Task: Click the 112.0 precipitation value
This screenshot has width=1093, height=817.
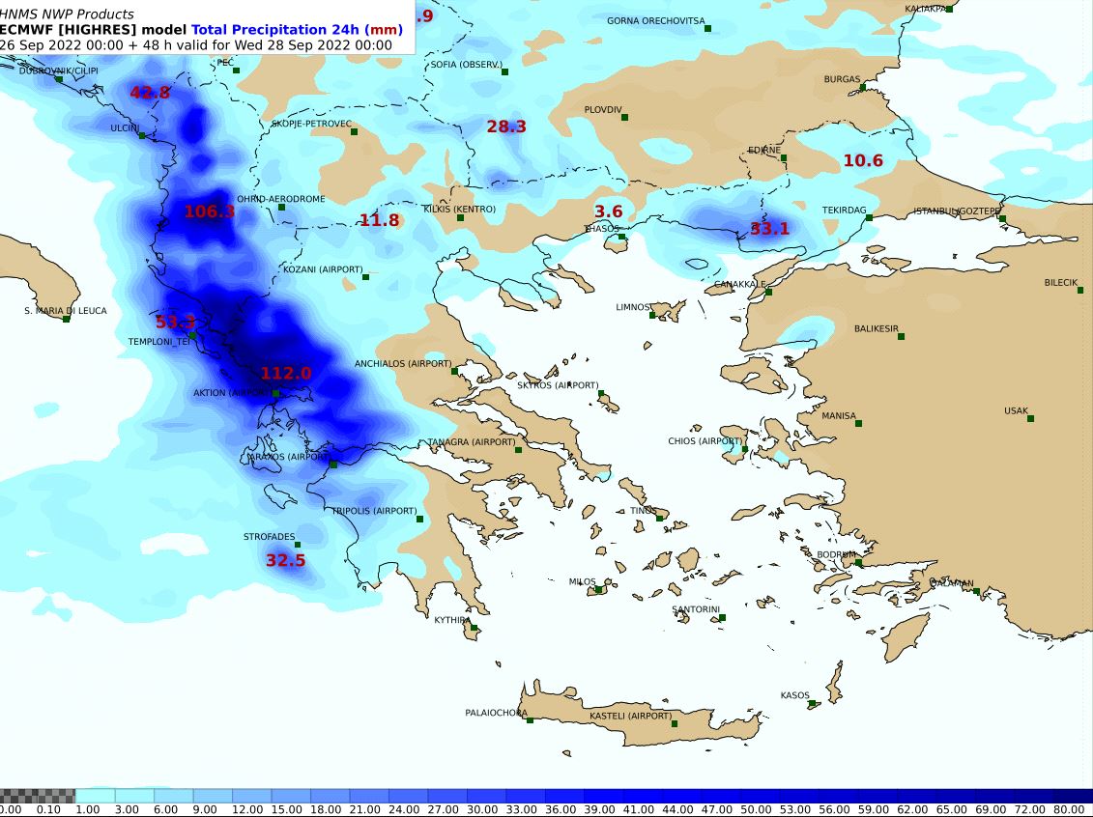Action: [x=286, y=374]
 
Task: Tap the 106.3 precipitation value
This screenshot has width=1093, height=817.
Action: [x=210, y=211]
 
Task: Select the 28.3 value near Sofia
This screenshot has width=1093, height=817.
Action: [x=505, y=127]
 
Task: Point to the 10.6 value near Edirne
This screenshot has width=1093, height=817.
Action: [x=863, y=160]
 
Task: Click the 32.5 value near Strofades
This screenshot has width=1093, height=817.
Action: [x=285, y=560]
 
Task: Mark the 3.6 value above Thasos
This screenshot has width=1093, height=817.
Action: [x=608, y=211]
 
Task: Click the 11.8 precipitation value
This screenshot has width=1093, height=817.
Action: [x=379, y=220]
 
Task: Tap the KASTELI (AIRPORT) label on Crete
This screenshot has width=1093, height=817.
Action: [x=630, y=717]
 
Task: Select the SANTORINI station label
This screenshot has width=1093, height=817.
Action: [x=696, y=609]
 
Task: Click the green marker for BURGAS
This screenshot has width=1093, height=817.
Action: [x=863, y=88]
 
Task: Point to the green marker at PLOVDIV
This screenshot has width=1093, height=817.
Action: [x=624, y=118]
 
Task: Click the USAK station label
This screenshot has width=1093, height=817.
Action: [x=1016, y=410]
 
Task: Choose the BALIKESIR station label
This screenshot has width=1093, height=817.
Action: [x=877, y=329]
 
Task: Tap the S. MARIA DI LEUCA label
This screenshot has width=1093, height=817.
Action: [x=66, y=311]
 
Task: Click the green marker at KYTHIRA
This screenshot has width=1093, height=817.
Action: [x=474, y=628]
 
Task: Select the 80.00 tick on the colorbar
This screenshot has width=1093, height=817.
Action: [x=1069, y=809]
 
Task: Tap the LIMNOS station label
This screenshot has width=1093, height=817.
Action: [x=633, y=307]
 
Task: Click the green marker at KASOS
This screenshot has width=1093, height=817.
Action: [x=813, y=704]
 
